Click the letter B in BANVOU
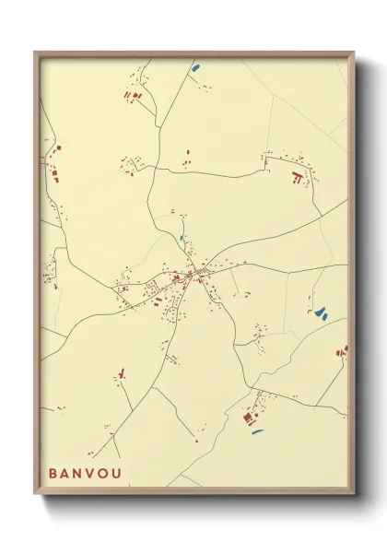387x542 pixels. tap(54, 473)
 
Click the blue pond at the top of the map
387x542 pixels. tap(194, 67)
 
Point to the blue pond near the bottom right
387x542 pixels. tap(257, 430)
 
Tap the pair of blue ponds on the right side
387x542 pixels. tap(320, 312)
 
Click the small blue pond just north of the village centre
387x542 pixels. tap(182, 239)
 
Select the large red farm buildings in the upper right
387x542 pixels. tap(296, 176)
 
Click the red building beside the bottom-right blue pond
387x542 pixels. tap(247, 418)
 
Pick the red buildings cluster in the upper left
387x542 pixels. tap(132, 95)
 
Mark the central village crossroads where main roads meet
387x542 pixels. tap(193, 274)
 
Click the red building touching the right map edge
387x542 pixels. tap(343, 350)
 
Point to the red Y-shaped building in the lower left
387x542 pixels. tap(121, 373)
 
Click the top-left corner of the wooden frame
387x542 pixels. tap(35, 52)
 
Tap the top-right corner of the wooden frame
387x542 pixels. tap(354, 52)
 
